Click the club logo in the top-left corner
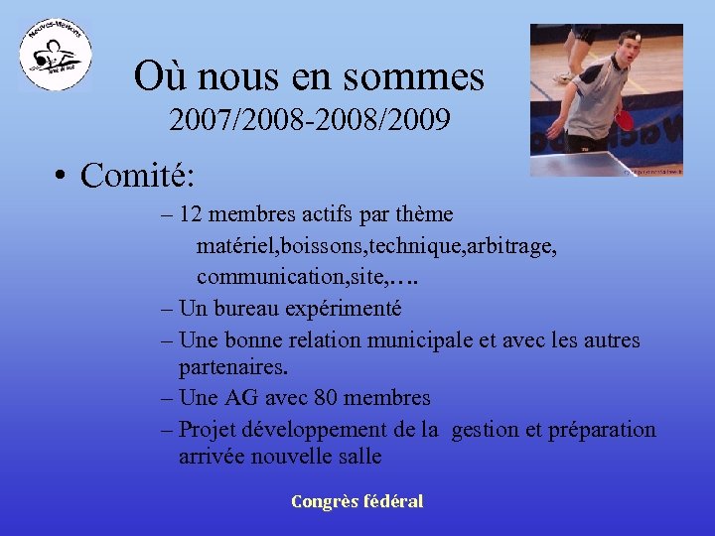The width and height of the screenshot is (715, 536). pyautogui.click(x=57, y=56)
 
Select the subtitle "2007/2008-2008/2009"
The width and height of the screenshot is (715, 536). pyautogui.click(x=310, y=121)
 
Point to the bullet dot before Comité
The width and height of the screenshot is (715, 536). pyautogui.click(x=62, y=177)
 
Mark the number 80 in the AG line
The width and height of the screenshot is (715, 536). pyautogui.click(x=327, y=398)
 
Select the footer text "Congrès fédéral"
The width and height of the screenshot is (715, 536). pyautogui.click(x=357, y=501)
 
